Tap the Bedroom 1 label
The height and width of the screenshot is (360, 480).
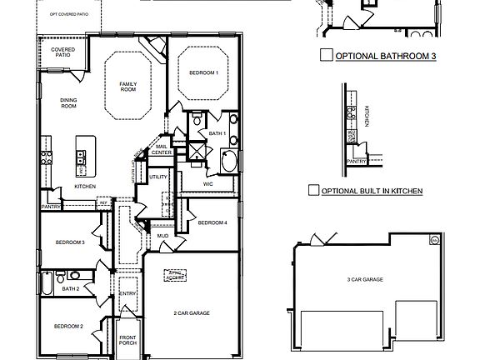[x=204, y=73]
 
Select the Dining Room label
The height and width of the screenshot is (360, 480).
[x=68, y=103]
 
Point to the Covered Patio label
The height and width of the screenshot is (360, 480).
[x=62, y=52]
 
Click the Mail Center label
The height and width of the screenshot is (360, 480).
[x=162, y=150]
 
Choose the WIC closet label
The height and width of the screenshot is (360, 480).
[x=208, y=161]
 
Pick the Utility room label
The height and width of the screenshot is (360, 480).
[x=158, y=177]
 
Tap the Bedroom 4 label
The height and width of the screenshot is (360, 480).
[x=212, y=222]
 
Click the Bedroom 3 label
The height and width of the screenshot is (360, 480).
[x=70, y=242]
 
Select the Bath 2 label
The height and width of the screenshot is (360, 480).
[x=70, y=288]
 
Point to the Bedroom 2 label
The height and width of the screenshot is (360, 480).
[x=69, y=326]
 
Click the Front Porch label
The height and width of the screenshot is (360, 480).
[x=127, y=340]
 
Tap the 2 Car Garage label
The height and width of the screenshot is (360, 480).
[x=191, y=312]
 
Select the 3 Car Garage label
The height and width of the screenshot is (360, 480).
[x=365, y=280]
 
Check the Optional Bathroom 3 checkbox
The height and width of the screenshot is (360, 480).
[x=326, y=57]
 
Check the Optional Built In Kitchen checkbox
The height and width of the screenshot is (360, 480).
[x=313, y=190]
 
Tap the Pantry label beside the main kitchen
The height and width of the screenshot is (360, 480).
[x=51, y=206]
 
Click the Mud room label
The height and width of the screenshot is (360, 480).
[x=163, y=237]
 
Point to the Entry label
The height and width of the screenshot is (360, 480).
[x=127, y=293]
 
